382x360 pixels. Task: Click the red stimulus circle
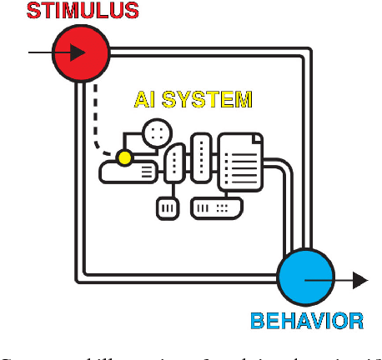(81, 52)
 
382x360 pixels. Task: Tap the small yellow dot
(124, 157)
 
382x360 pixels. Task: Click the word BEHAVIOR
(307, 320)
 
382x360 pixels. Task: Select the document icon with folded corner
(240, 163)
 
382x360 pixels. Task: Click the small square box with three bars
(168, 207)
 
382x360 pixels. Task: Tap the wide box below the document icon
(217, 207)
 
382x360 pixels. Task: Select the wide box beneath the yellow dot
(128, 172)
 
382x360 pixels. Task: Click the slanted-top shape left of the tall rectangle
(173, 163)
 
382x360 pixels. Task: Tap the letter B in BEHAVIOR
(259, 320)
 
